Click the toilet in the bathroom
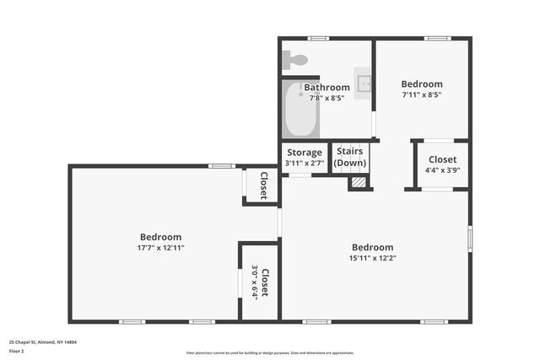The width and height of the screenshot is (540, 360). pyautogui.click(x=296, y=60)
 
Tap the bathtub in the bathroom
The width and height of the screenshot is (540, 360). pyautogui.click(x=300, y=110)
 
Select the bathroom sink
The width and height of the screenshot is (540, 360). pyautogui.click(x=364, y=83)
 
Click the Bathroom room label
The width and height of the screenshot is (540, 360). pyautogui.click(x=327, y=87)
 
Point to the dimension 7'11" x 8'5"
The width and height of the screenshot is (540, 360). pyautogui.click(x=421, y=94)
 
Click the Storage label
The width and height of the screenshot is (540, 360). pyautogui.click(x=304, y=153)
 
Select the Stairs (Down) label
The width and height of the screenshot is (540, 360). pyautogui.click(x=350, y=157)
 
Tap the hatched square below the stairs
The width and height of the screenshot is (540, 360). pyautogui.click(x=359, y=181)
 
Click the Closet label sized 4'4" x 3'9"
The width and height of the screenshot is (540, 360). pyautogui.click(x=442, y=159)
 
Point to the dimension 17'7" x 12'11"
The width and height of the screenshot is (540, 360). pyautogui.click(x=160, y=248)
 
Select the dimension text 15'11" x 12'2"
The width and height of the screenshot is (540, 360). pyautogui.click(x=372, y=258)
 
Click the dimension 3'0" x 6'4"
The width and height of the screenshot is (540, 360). pyautogui.click(x=255, y=282)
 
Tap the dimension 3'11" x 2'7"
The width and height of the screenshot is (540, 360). pyautogui.click(x=304, y=163)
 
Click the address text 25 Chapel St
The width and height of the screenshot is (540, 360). pyautogui.click(x=43, y=342)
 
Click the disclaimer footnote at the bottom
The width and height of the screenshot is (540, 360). pyautogui.click(x=269, y=352)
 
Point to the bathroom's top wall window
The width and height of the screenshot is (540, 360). pyautogui.click(x=317, y=38)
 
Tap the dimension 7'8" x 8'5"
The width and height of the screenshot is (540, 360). pyautogui.click(x=327, y=98)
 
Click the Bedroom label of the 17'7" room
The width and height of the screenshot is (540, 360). pyautogui.click(x=160, y=237)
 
